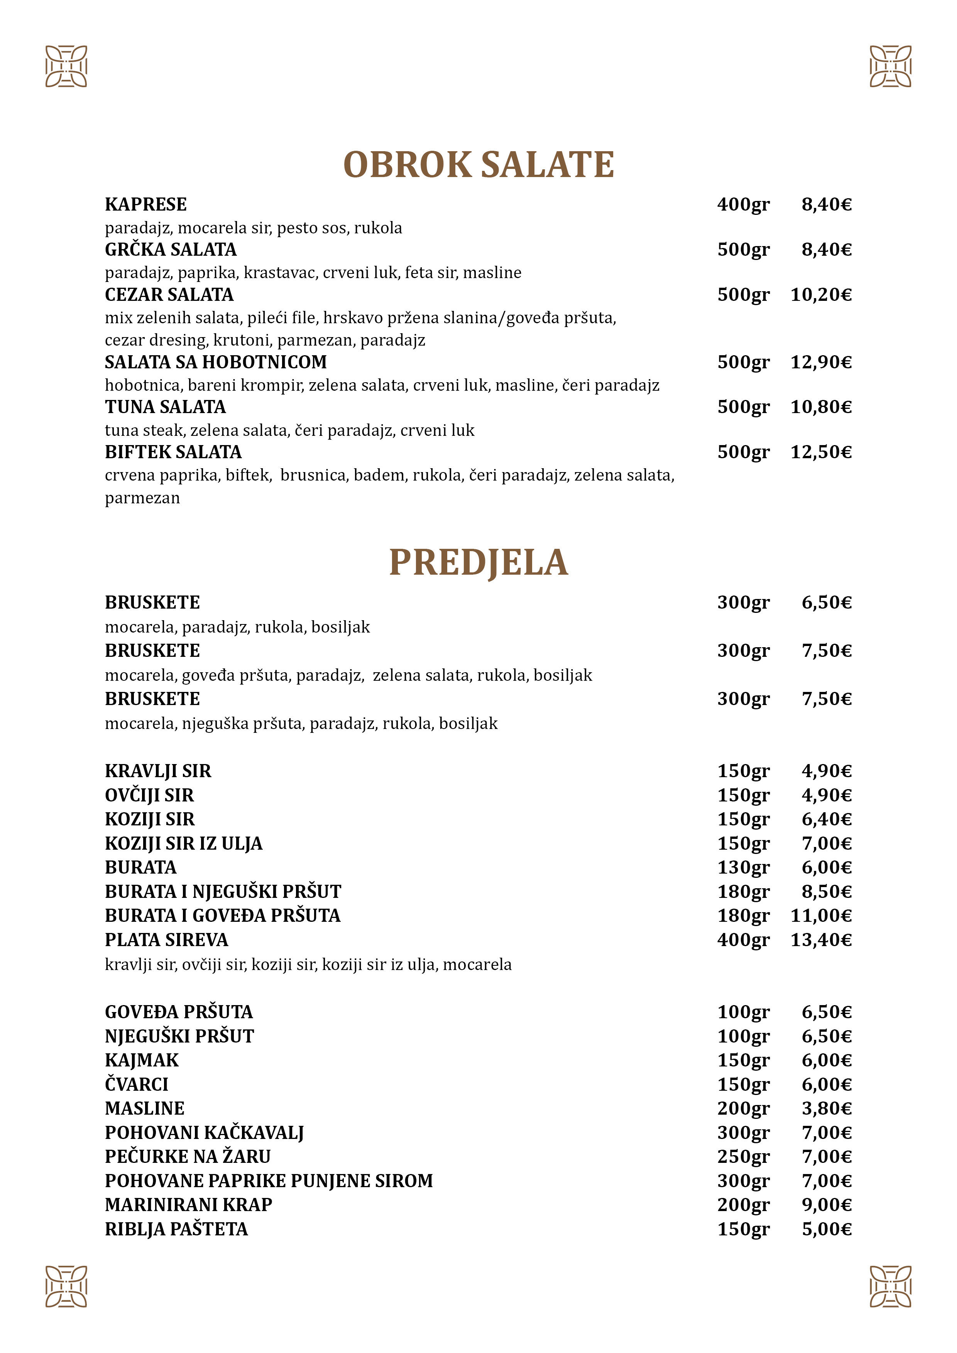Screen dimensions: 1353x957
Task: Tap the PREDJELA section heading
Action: point(478,563)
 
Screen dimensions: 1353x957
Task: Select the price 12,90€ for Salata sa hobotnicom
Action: point(821,362)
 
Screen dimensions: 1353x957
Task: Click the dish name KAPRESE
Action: point(145,204)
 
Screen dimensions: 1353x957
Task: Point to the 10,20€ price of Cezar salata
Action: point(821,295)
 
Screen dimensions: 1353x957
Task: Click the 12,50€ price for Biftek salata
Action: point(821,452)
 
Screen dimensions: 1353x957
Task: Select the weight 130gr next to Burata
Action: point(743,867)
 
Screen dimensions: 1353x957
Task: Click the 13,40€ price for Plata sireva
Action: point(821,940)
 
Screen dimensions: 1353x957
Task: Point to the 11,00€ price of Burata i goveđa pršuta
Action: point(821,916)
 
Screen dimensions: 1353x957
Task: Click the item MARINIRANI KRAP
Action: point(188,1205)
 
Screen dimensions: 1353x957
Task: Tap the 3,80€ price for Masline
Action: point(826,1108)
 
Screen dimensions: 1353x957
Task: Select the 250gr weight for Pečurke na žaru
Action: point(743,1157)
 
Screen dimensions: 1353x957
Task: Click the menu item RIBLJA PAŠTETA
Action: point(176,1229)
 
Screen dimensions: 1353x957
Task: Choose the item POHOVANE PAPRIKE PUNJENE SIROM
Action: point(268,1181)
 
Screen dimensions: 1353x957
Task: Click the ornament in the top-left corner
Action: point(66,66)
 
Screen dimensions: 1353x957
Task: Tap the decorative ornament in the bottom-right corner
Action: point(890,1286)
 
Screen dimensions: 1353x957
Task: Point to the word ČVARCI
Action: point(136,1084)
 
